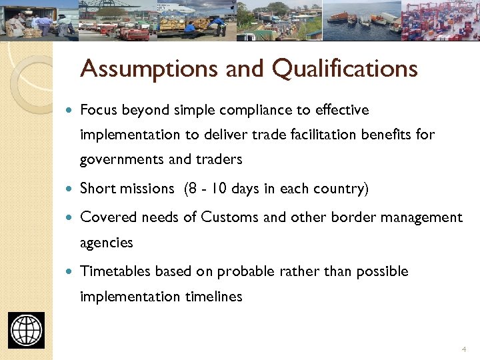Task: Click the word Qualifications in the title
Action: (x=345, y=69)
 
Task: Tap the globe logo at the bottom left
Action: (x=27, y=330)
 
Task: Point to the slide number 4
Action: (x=463, y=349)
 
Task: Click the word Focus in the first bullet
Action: (x=97, y=109)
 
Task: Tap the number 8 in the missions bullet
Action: (x=193, y=189)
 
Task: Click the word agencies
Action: (x=107, y=243)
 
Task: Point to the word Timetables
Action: (x=115, y=271)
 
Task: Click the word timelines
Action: (x=213, y=297)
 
